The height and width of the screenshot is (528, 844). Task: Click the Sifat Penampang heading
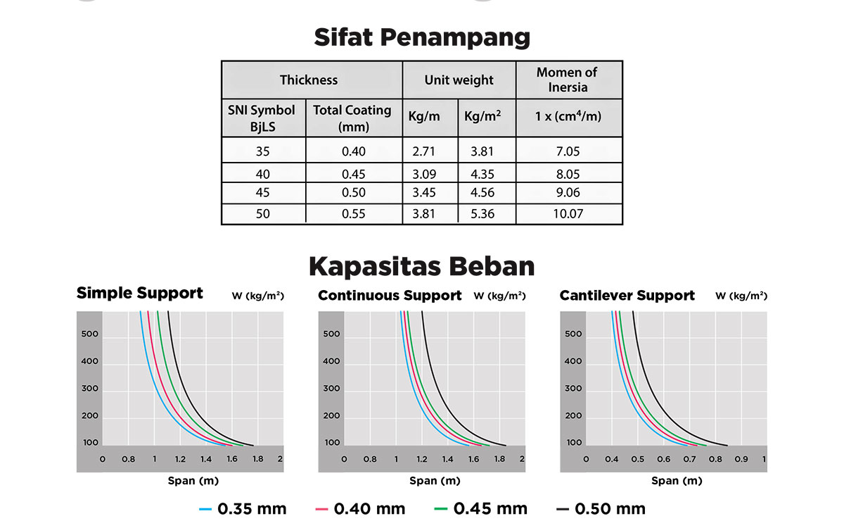422,37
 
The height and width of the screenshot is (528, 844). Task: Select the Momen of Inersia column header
567,80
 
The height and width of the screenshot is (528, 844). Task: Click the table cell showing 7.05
567,151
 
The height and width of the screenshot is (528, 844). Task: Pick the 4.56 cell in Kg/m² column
482,193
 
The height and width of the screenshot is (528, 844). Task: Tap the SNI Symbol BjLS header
262,118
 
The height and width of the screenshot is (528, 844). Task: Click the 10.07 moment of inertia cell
568,214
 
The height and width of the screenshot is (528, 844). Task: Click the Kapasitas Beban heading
422,267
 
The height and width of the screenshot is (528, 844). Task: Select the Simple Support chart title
140,293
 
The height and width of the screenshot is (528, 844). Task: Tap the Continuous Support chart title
390,296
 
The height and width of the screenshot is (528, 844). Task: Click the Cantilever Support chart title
627,296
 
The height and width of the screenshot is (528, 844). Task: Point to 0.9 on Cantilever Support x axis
741,460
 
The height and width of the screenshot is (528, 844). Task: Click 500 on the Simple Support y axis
91,334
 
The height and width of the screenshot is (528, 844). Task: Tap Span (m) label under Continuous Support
435,481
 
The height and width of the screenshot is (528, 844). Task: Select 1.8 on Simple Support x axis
257,460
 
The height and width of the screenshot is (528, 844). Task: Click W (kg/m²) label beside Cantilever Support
741,296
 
